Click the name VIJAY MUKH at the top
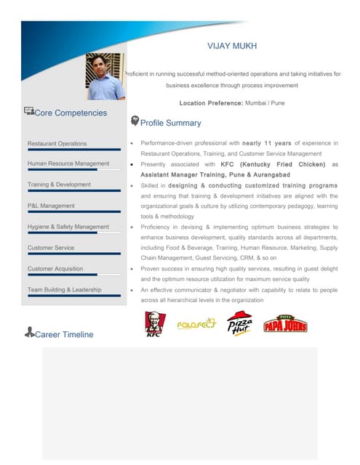coord(232,46)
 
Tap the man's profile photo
coord(105,76)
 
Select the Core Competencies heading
coord(71,113)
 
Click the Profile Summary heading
coord(170,124)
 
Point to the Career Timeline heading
coord(64,334)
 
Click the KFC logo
coord(153,323)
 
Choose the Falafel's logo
coord(196,324)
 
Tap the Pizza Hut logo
coord(239,323)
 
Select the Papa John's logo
coord(285,324)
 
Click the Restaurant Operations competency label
coord(57,144)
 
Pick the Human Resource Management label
coord(68,164)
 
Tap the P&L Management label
coord(51,206)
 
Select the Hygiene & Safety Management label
coord(68,227)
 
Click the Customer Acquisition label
coord(55,269)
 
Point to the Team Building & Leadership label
coord(64,290)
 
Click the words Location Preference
coord(211,103)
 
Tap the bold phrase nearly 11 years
coord(267,144)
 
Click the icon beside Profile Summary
coord(135,121)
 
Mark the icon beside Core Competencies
coord(29,111)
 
